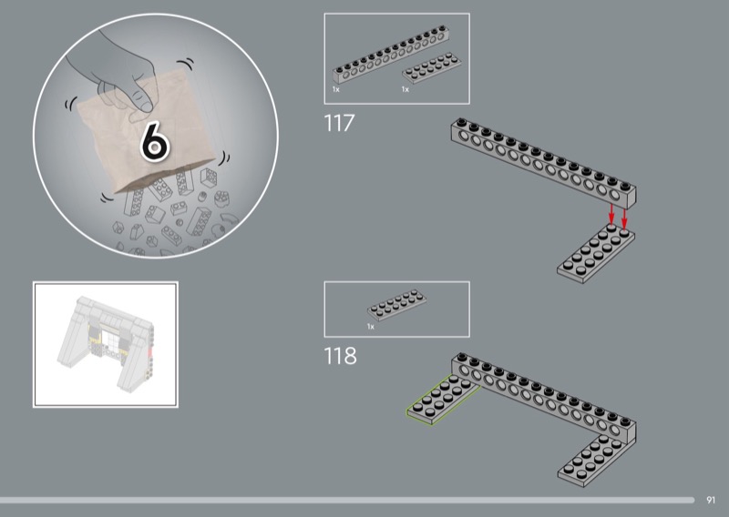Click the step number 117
point(338,124)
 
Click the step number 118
point(340,356)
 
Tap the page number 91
point(711,500)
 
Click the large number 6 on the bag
point(155,141)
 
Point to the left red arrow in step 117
point(611,214)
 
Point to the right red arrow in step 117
point(624,218)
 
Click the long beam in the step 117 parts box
point(391,55)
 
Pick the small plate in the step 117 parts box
point(431,68)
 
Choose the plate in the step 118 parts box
point(397,305)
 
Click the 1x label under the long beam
point(335,89)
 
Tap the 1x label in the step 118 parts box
point(371,327)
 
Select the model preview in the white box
point(107,345)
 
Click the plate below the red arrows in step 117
point(596,253)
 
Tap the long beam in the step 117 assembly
point(543,163)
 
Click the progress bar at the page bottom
point(347,501)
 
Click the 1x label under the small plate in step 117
point(405,89)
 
